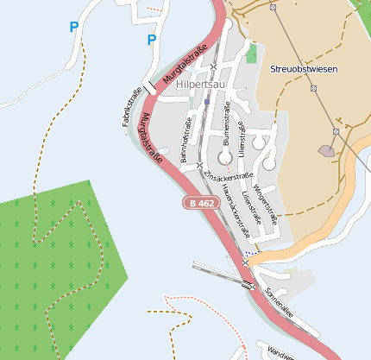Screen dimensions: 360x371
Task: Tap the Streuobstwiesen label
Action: [303, 68]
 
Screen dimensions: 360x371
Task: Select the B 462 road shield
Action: [198, 203]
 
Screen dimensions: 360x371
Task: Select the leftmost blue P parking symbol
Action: [74, 28]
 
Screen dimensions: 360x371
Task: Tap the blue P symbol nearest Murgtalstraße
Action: [152, 40]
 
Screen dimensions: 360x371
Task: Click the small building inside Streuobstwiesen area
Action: [327, 150]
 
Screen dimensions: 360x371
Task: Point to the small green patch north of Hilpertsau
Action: [251, 54]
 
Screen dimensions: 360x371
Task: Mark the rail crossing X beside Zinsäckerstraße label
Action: [200, 165]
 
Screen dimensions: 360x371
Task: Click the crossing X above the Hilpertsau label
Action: [213, 66]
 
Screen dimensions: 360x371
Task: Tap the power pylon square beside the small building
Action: [335, 131]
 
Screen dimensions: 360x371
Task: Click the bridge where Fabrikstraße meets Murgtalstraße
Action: [152, 86]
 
